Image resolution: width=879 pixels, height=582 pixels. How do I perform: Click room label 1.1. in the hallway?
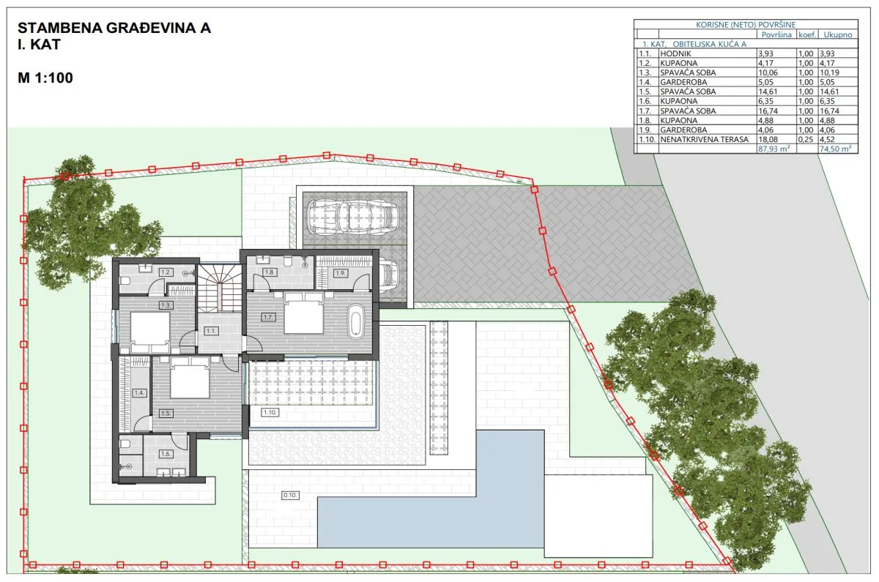pyautogui.click(x=211, y=331)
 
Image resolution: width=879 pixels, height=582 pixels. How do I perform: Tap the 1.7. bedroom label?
pyautogui.click(x=268, y=317)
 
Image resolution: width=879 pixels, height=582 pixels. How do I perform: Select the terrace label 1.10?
pyautogui.click(x=270, y=412)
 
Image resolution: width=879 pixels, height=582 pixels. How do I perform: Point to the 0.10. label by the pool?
pyautogui.click(x=290, y=496)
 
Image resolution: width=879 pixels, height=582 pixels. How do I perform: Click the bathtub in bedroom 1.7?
pyautogui.click(x=355, y=321)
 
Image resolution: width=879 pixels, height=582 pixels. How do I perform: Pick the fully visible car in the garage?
pyautogui.click(x=353, y=217)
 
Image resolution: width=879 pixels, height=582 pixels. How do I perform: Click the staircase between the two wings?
pyautogui.click(x=219, y=288)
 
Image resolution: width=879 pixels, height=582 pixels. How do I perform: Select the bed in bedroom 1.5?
pyautogui.click(x=189, y=377)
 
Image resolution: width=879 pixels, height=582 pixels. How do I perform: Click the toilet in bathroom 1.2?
pyautogui.click(x=125, y=281)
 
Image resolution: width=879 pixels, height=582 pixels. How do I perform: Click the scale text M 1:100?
pyautogui.click(x=45, y=78)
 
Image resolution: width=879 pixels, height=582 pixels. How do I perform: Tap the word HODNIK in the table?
pyautogui.click(x=675, y=53)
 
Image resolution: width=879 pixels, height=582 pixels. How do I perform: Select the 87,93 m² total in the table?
pyautogui.click(x=774, y=149)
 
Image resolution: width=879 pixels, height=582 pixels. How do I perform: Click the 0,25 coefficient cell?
pyautogui.click(x=806, y=139)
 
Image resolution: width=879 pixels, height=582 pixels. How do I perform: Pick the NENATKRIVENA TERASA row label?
pyautogui.click(x=705, y=139)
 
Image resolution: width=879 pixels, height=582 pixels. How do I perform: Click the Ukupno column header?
pyautogui.click(x=838, y=34)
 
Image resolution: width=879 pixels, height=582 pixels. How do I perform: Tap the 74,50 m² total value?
pyautogui.click(x=836, y=149)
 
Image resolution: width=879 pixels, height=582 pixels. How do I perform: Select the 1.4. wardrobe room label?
pyautogui.click(x=139, y=392)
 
